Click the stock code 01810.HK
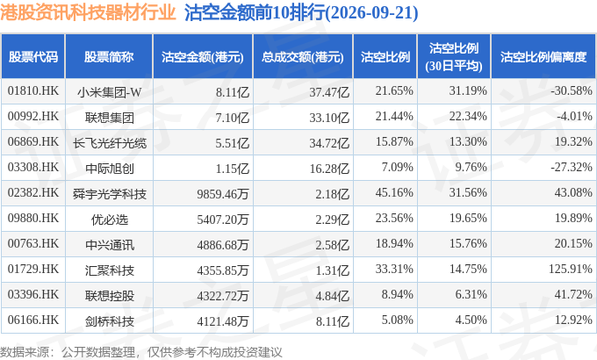pyautogui.click(x=33, y=91)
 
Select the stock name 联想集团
pyautogui.click(x=109, y=118)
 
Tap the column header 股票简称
pyautogui.click(x=109, y=57)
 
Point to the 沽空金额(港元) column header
pyautogui.click(x=203, y=57)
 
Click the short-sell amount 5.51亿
pyautogui.click(x=233, y=143)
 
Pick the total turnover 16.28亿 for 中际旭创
pyautogui.click(x=329, y=169)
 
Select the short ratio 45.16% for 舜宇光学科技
pyautogui.click(x=394, y=193)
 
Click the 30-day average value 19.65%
pyautogui.click(x=468, y=219)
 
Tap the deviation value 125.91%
pyautogui.click(x=571, y=270)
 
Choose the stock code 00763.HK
pyautogui.click(x=33, y=244)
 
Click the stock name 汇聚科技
pyautogui.click(x=109, y=270)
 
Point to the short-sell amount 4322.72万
pyautogui.click(x=223, y=296)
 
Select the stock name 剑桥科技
pyautogui.click(x=109, y=321)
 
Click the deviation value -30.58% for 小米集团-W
pyautogui.click(x=572, y=91)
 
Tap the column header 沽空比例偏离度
pyautogui.click(x=543, y=57)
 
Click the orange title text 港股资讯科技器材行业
pyautogui.click(x=88, y=12)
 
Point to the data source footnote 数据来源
pyautogui.click(x=25, y=352)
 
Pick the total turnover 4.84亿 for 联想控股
pyautogui.click(x=333, y=296)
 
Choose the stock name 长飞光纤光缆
pyautogui.click(x=109, y=143)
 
